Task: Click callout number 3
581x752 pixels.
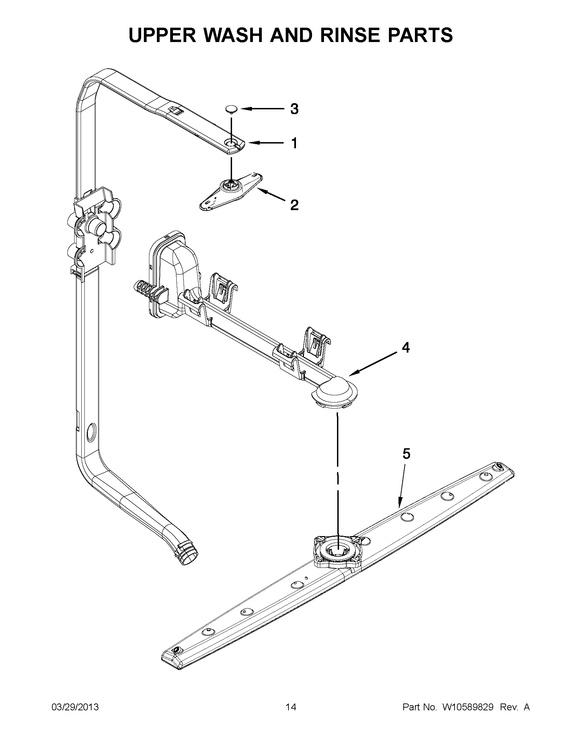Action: pos(294,109)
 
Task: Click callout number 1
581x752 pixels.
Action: pos(294,143)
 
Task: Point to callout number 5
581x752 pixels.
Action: pos(406,454)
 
